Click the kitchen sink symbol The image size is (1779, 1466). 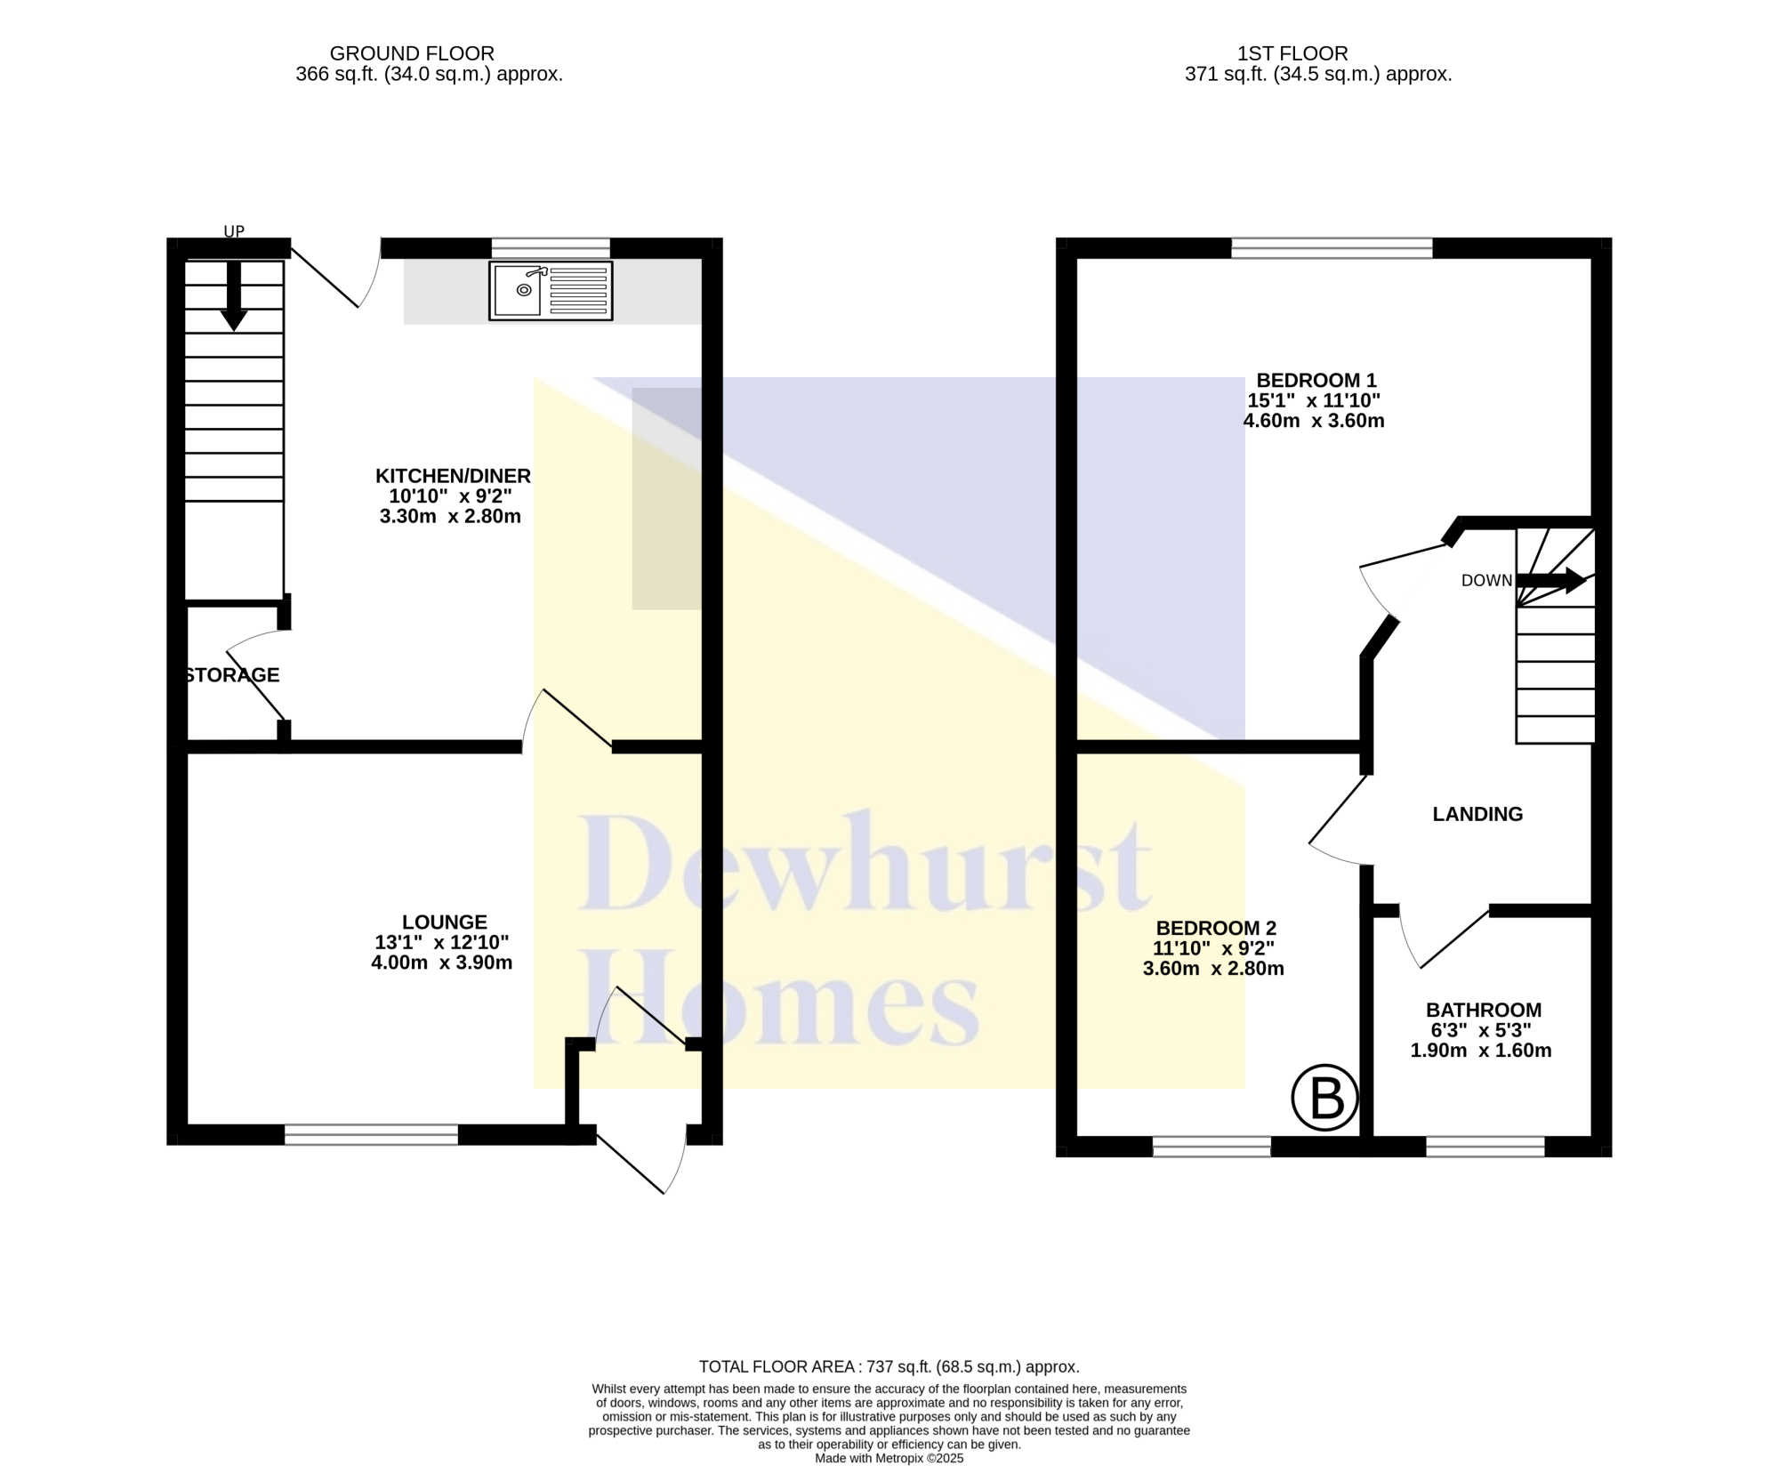coord(551,290)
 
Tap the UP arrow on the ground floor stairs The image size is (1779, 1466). coord(233,295)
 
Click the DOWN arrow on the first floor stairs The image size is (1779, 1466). coord(1551,581)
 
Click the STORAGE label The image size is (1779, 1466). coord(232,675)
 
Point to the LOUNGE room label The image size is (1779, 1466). coord(444,922)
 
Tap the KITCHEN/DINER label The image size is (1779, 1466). coord(453,476)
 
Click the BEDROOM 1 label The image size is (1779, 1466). coord(1316,381)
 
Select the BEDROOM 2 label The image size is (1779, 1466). coord(1216,929)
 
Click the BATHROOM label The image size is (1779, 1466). coord(1484,1011)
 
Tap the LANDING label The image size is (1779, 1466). coord(1477,814)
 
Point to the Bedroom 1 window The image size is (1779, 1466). coord(1332,248)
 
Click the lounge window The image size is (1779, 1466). coord(371,1134)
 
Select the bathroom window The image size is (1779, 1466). coord(1485,1147)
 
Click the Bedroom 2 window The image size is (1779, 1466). coord(1211,1147)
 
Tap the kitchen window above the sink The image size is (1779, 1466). coord(551,248)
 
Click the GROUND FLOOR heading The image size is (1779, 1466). coord(412,53)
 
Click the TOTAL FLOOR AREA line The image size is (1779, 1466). coord(889,1366)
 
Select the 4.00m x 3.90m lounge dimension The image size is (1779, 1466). coord(441,963)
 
